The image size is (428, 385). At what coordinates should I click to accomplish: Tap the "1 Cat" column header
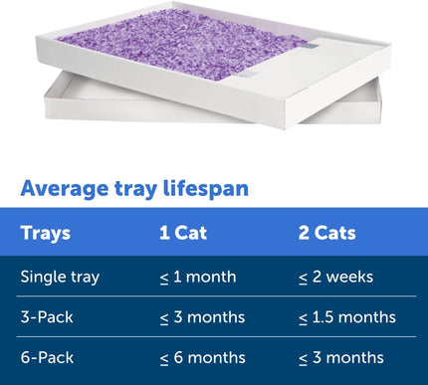tap(183, 234)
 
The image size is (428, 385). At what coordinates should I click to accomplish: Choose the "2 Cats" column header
tap(327, 234)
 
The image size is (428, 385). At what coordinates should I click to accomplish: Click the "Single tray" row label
tap(60, 276)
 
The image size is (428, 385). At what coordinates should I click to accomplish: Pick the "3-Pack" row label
tap(46, 317)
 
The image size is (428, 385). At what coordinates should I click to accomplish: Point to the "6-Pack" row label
tap(46, 357)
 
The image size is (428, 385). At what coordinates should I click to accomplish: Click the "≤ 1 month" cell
tap(199, 276)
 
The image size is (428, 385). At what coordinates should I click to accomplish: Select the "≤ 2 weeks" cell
tap(340, 276)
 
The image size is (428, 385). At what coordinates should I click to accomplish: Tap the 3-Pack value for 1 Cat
tap(203, 317)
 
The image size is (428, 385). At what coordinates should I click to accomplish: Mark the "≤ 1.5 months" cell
tap(346, 317)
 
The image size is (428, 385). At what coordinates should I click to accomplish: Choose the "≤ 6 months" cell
tap(203, 357)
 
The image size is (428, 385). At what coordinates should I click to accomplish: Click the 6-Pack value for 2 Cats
tap(340, 357)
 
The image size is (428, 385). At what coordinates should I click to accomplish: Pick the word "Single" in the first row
tap(42, 276)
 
